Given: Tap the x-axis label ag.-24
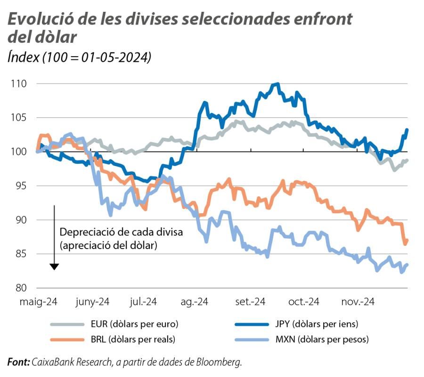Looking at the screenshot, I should (195, 302).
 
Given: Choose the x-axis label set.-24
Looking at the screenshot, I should (250, 302).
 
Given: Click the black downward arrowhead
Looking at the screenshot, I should (54, 267).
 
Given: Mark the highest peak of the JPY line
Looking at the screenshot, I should (277, 84).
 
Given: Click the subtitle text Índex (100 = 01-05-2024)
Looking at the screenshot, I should (79, 58).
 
